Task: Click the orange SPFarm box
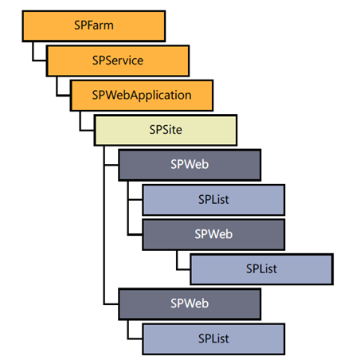coord(93,25)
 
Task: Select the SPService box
coord(117,60)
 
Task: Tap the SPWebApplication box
coord(141,95)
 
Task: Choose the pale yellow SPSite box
coord(165,130)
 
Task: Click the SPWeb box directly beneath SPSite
coord(189,165)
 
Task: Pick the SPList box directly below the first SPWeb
coord(213,199)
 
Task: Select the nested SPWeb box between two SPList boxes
coord(213,234)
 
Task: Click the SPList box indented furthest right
coord(260,268)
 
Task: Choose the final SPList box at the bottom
coord(213,339)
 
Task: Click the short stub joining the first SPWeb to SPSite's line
coord(111,165)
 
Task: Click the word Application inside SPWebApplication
coord(162,95)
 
